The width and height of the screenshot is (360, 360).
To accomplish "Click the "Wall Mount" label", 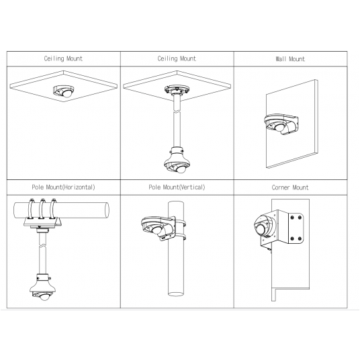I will click(x=290, y=59).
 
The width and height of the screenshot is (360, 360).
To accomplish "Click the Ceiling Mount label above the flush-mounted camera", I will click(x=64, y=59).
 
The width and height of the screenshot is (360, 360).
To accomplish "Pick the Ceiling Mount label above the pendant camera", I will click(x=177, y=59).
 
